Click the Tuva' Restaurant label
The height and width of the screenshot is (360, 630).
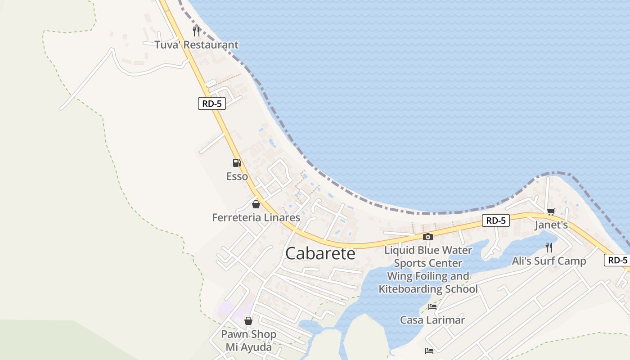[196, 45]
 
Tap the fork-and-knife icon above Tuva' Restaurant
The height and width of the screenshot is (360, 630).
[196, 31]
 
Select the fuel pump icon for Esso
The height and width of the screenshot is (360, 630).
[237, 162]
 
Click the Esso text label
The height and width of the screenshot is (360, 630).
[237, 176]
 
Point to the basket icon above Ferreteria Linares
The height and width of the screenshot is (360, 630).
[256, 204]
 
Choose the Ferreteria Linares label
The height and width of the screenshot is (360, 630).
[256, 218]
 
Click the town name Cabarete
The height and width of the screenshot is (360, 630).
[320, 253]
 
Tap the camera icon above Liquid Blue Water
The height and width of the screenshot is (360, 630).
[428, 237]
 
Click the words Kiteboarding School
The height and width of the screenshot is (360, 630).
[428, 289]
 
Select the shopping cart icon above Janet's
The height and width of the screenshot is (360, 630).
[551, 211]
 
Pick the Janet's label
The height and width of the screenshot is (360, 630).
[551, 225]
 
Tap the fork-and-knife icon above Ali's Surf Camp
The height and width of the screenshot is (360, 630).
[549, 247]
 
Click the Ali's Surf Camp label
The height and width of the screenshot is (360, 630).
[549, 261]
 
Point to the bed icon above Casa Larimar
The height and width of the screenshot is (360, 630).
[432, 307]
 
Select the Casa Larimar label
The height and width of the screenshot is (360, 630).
[432, 320]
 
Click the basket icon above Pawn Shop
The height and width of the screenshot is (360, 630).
[248, 321]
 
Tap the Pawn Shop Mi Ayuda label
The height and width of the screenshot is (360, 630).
[248, 341]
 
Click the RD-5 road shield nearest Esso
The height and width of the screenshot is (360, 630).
[211, 103]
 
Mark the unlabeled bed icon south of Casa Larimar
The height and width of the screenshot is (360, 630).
[429, 351]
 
